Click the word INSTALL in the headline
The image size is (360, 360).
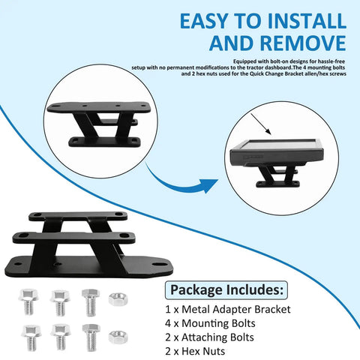pos(307,21)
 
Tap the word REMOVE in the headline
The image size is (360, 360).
pos(303,43)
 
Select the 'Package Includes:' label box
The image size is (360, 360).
pos(226,290)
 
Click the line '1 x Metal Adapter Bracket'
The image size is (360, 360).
pos(228,310)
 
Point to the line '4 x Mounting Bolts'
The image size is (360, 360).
pos(210,323)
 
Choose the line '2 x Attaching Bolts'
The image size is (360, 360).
pos(209,337)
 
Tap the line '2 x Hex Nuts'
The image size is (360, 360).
pos(195,351)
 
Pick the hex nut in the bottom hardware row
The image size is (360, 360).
pos(118,337)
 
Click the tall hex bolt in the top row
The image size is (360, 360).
pos(91,303)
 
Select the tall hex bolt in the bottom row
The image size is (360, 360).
pos(91,337)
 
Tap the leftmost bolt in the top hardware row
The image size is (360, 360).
pos(28,301)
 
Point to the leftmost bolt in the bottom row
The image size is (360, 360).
pos(31,337)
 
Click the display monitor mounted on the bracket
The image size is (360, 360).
pos(277,153)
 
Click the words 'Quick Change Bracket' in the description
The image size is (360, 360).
pos(274,73)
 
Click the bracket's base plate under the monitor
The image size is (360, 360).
pos(277,184)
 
